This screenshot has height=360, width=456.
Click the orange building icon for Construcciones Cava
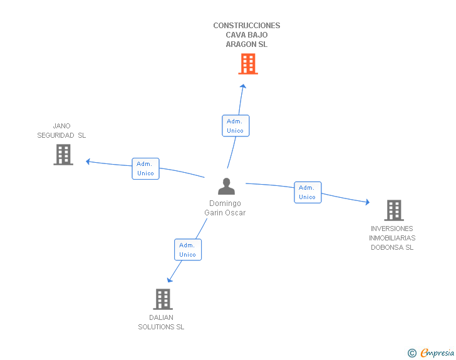click(x=248, y=63)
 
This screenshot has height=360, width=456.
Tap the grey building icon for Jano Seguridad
click(x=63, y=154)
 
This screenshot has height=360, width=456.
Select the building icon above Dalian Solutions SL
click(x=163, y=299)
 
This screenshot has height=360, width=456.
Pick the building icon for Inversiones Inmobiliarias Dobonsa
click(x=393, y=210)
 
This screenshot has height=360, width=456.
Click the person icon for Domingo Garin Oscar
click(x=225, y=187)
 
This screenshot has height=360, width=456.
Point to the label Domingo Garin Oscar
click(x=225, y=208)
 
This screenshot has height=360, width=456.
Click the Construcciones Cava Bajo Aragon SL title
click(x=247, y=35)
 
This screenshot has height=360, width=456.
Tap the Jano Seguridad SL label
click(x=61, y=130)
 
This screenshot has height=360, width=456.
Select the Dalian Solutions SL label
click(x=161, y=322)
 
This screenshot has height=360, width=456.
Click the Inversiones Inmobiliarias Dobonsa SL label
click(x=392, y=238)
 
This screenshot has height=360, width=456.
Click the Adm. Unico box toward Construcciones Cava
click(x=236, y=125)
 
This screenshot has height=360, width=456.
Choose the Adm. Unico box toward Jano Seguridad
click(x=145, y=168)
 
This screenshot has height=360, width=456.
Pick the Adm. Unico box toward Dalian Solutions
click(x=188, y=250)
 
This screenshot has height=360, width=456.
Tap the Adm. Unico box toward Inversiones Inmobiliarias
click(x=308, y=192)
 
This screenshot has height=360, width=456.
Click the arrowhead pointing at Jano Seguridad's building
click(x=88, y=162)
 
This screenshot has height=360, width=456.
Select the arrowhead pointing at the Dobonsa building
click(x=367, y=202)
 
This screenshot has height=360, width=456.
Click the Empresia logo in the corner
click(x=437, y=352)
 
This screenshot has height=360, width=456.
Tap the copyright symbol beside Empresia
click(x=412, y=353)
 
